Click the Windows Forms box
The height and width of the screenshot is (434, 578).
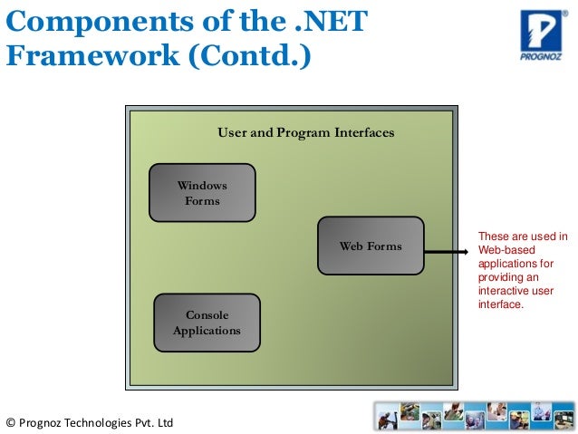pyautogui.click(x=202, y=193)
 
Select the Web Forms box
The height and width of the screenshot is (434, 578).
pyautogui.click(x=371, y=246)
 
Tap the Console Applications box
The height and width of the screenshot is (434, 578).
pyautogui.click(x=207, y=323)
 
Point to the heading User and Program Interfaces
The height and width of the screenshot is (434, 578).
pyautogui.click(x=305, y=133)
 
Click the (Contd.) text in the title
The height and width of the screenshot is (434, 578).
pyautogui.click(x=248, y=56)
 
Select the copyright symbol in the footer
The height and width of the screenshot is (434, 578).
pyautogui.click(x=10, y=422)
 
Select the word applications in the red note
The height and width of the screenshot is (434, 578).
pyautogui.click(x=509, y=264)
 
